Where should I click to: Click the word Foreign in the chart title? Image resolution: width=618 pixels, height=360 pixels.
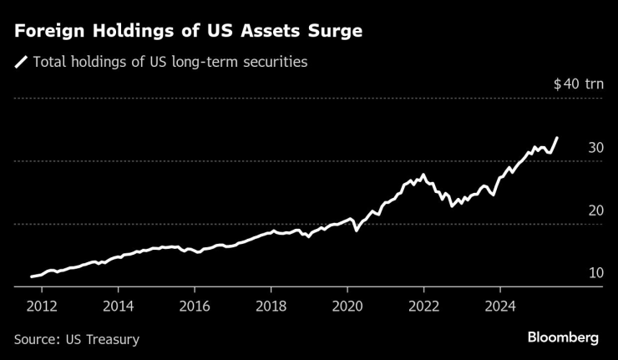pos(47,32)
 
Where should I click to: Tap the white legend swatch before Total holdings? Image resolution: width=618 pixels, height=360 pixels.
pos(21,62)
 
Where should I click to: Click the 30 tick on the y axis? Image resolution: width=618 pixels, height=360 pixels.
pos(595,147)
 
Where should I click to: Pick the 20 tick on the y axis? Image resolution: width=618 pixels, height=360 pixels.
pos(595,210)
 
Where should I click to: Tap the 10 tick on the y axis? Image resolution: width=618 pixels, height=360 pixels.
pos(595,273)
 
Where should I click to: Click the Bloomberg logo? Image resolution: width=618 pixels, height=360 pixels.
pos(563,337)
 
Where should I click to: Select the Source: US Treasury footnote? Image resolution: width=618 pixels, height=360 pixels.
pos(77,339)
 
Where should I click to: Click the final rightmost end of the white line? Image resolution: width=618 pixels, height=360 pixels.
pos(557,138)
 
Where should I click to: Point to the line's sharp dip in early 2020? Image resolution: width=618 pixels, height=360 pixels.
pos(357,230)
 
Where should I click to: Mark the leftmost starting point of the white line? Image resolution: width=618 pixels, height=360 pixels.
pos(31,276)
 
